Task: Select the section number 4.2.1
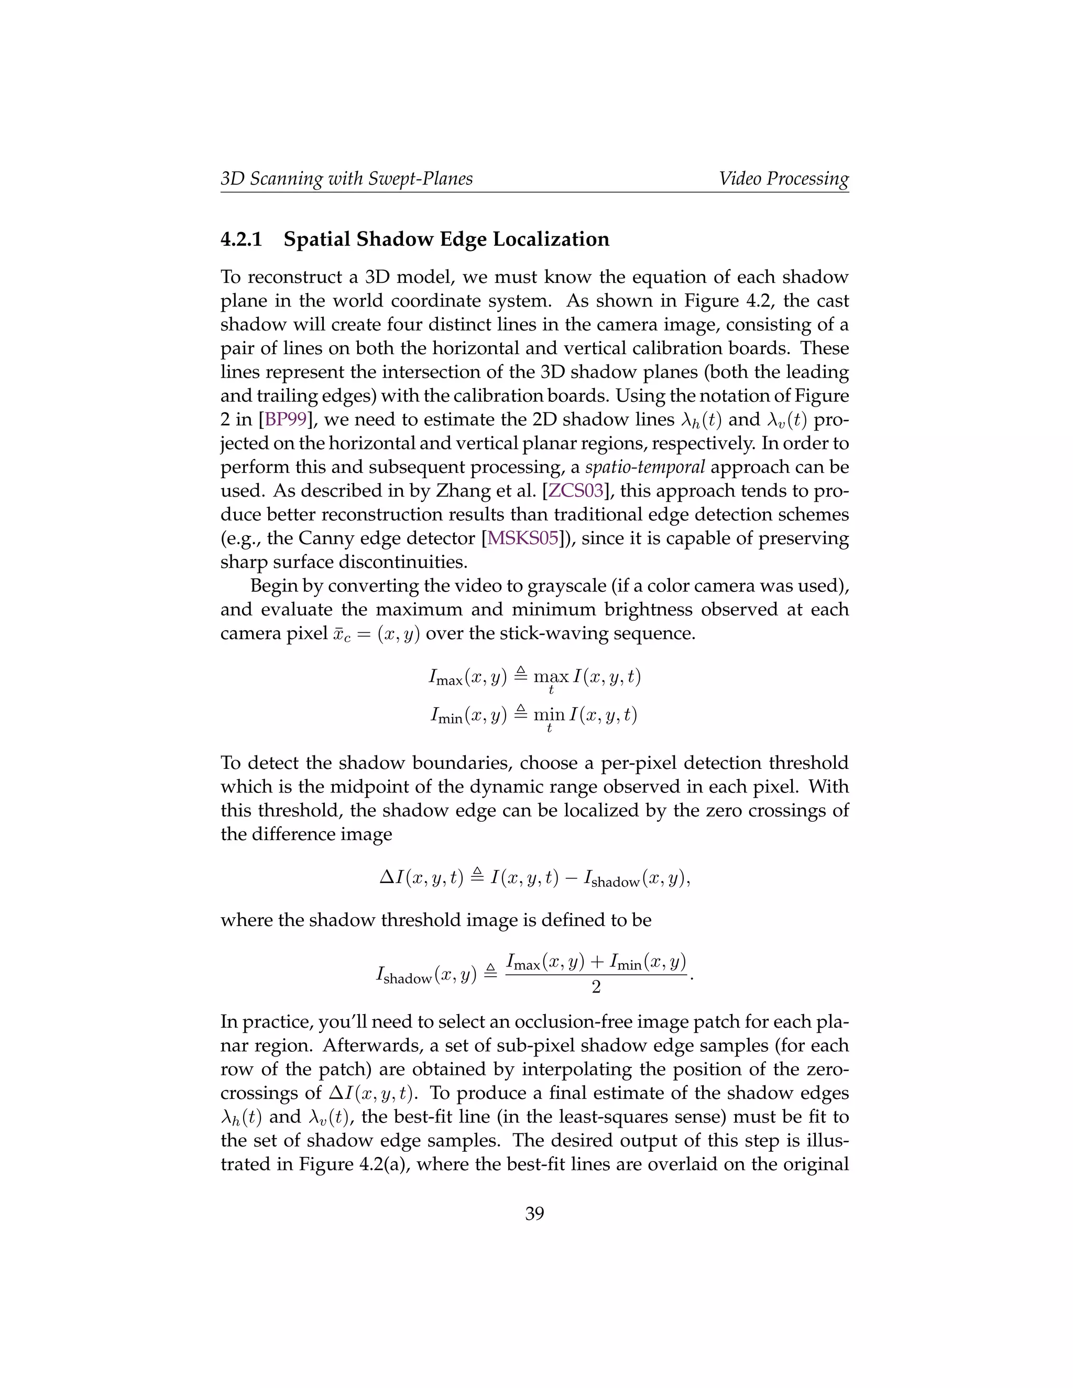[241, 239]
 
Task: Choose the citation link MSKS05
[522, 538]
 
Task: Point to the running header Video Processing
[783, 179]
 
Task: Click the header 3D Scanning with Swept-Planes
[346, 179]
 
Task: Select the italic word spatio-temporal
[644, 467]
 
